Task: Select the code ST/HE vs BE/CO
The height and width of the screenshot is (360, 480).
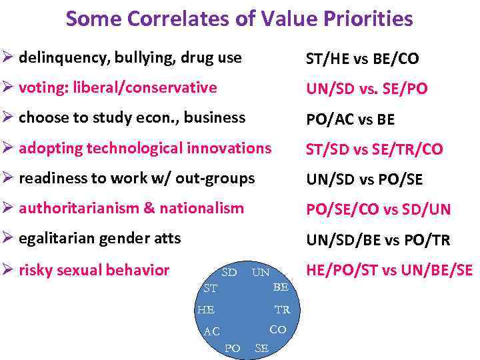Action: [x=362, y=59]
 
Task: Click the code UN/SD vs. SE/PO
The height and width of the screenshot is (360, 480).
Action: [x=367, y=89]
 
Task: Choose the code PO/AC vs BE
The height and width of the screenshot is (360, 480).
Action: [x=350, y=119]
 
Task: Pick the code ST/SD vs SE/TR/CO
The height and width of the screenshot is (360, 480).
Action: [x=374, y=149]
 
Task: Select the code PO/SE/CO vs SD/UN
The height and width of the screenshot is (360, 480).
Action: [x=378, y=209]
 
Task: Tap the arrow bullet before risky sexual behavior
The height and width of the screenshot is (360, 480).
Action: [x=9, y=269]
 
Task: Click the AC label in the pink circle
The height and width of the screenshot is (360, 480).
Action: [x=212, y=331]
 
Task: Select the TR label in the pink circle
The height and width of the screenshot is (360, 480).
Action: [x=282, y=310]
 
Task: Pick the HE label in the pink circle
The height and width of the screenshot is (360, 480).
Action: [x=205, y=310]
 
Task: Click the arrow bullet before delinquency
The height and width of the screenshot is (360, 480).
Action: [x=9, y=58]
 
